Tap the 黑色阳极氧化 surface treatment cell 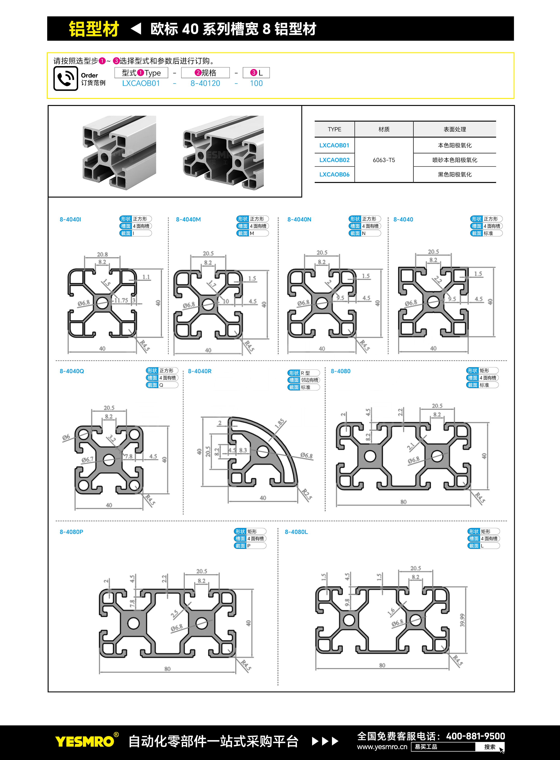455,175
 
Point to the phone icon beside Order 66,78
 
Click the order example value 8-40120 205,83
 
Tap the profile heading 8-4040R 200,371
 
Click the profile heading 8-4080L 296,532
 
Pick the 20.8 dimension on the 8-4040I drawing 102,254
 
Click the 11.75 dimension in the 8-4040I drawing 121,300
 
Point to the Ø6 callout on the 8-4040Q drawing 66,437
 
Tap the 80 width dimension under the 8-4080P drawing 168,669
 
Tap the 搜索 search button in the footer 490,747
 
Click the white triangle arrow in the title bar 136,28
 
